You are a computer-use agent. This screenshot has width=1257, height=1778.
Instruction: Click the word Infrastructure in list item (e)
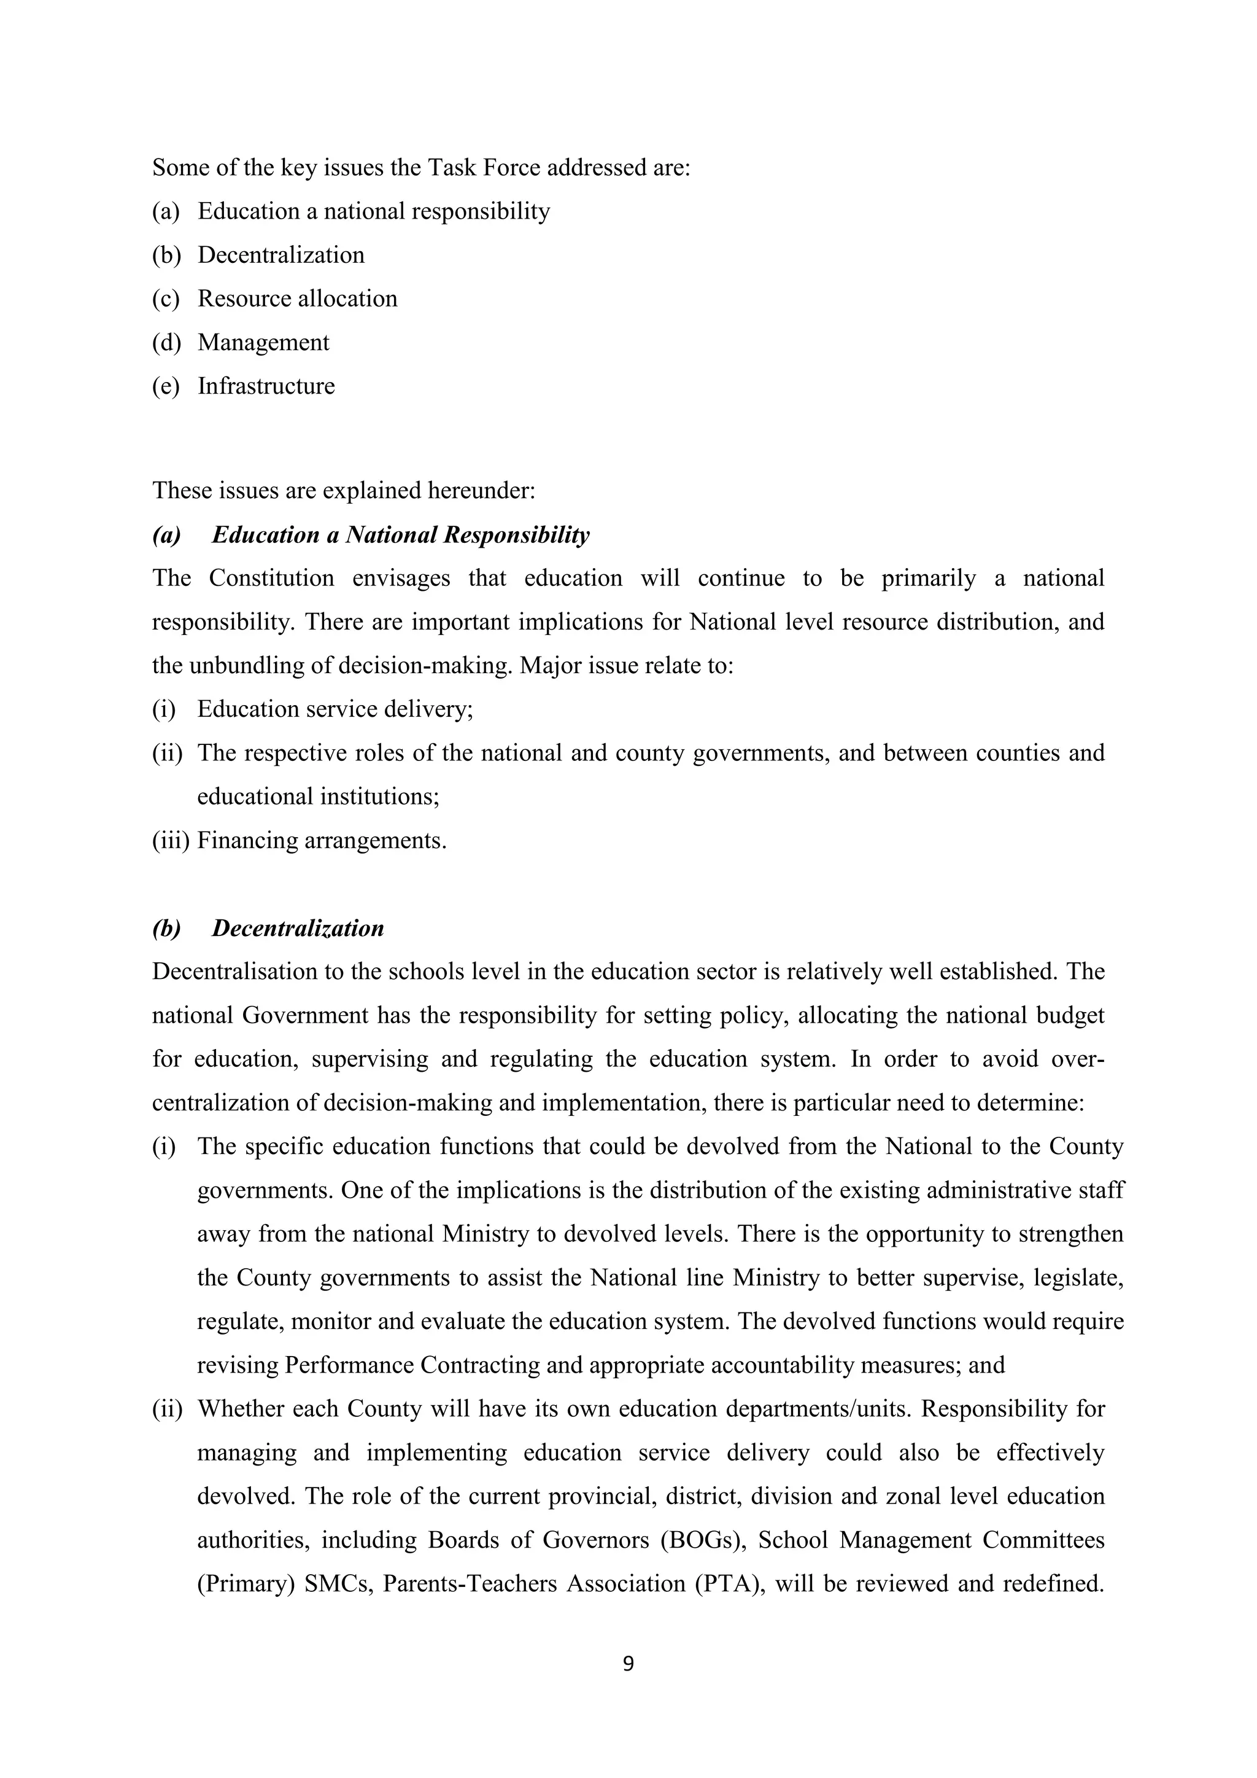(x=266, y=386)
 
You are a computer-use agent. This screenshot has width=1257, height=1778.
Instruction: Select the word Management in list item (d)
(x=263, y=342)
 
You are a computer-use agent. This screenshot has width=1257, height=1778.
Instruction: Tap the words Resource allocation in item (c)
(x=297, y=299)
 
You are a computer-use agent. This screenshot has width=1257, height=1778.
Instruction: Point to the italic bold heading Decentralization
(x=298, y=929)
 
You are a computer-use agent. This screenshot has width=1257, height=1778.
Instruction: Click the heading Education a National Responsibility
(x=400, y=535)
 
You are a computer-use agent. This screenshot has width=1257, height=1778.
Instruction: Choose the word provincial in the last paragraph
(x=604, y=1496)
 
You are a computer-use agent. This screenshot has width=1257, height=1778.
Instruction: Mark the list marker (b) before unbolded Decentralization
(x=166, y=255)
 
